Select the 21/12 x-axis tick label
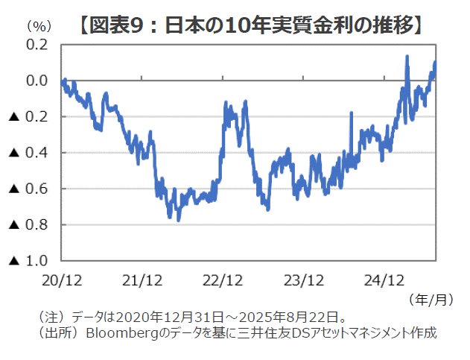click(x=142, y=281)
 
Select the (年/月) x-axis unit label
click(x=431, y=300)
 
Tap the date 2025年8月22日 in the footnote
click(x=293, y=316)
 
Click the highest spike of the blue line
click(x=407, y=57)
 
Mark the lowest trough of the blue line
click(x=179, y=219)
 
